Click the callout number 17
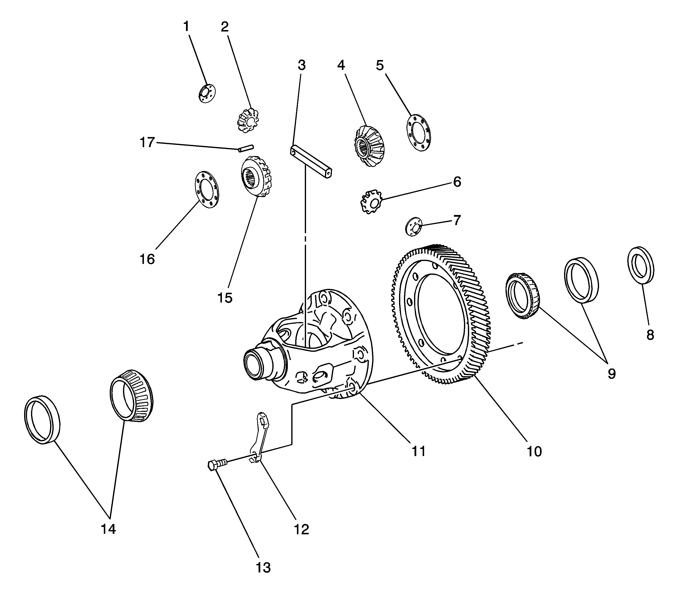click(x=147, y=143)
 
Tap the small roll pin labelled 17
click(x=246, y=148)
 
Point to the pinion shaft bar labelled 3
click(x=311, y=161)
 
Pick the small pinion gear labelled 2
click(x=248, y=120)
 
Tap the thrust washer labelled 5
click(x=418, y=133)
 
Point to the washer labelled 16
click(x=206, y=190)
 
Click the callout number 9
click(x=611, y=374)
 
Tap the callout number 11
click(x=419, y=451)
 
